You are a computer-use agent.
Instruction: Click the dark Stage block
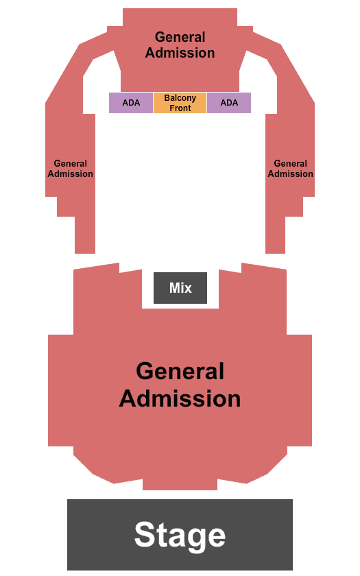coord(180,534)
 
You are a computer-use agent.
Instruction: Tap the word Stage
coord(180,536)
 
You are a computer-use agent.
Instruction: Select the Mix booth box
coord(180,288)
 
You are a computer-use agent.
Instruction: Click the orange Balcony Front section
coord(180,103)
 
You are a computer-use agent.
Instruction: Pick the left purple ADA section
coord(131,103)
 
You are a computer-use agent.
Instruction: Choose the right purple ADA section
coord(229,103)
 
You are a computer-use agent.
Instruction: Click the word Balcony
coord(180,98)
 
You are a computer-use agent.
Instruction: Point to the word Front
coord(180,108)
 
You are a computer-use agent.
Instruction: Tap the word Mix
coord(180,287)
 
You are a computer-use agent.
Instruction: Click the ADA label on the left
coord(131,103)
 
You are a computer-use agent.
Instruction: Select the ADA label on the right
coord(229,103)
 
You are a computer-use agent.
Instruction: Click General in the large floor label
coord(180,371)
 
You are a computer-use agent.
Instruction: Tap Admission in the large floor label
coord(180,398)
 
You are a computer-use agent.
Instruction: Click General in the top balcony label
coord(180,37)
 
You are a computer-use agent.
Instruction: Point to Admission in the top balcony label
coord(180,53)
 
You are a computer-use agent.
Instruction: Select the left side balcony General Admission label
coord(70,169)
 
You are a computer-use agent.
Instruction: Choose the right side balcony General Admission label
coord(290,169)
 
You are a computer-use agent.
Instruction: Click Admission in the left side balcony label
coord(70,173)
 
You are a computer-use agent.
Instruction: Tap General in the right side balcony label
coord(290,163)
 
